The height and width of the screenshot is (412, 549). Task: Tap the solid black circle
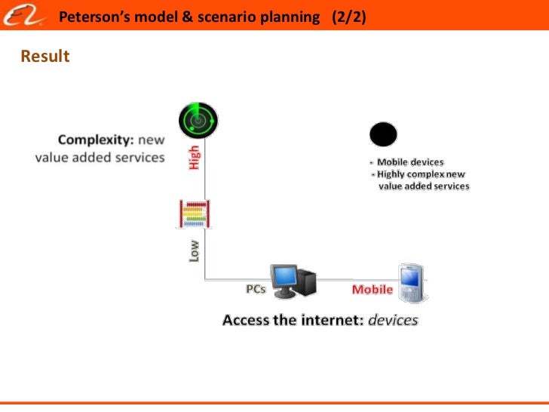point(383,135)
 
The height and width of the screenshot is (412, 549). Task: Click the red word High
point(195,157)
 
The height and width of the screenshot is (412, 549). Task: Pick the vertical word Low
point(195,251)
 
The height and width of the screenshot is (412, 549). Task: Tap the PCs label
point(256,290)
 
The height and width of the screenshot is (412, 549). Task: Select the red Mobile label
point(373,290)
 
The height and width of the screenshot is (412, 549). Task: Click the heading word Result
point(45,57)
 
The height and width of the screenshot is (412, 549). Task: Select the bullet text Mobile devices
point(410,161)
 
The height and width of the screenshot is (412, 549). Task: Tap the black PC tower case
point(308,281)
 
